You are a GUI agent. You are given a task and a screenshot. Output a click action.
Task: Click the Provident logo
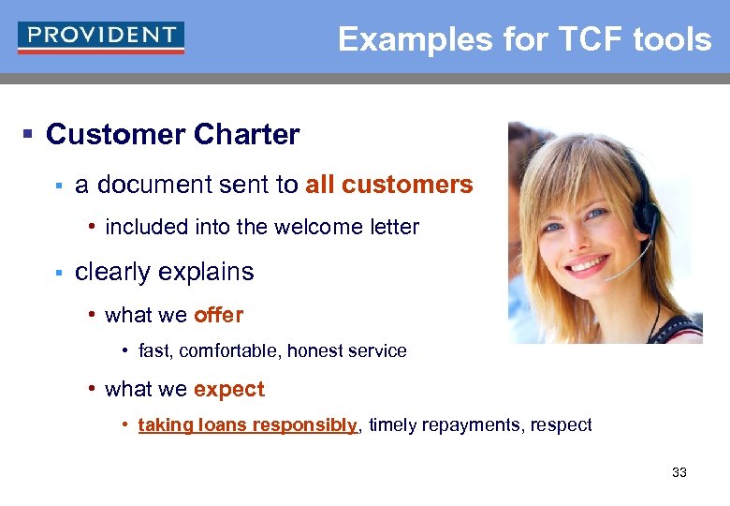100,37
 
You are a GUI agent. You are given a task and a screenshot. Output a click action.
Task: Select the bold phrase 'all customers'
388,185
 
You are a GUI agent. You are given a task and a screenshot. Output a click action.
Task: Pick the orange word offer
218,315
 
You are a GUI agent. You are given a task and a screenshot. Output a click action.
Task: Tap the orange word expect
229,389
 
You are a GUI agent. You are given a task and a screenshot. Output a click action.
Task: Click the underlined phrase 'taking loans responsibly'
248,425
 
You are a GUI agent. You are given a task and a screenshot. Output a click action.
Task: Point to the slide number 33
679,472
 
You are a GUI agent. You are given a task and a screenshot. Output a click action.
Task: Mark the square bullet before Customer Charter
27,136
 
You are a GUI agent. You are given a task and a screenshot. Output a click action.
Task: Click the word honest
317,351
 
